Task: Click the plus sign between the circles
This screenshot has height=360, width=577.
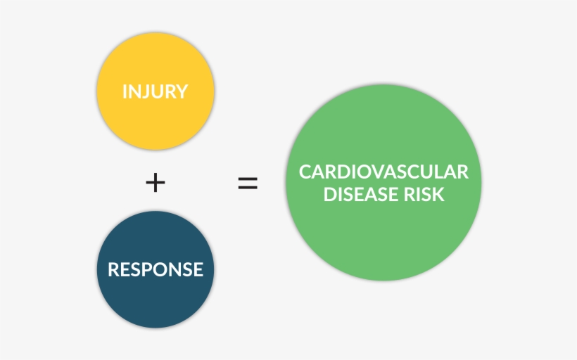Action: point(156,183)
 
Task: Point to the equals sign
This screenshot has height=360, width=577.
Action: point(247,184)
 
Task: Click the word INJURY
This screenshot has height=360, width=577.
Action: point(155,92)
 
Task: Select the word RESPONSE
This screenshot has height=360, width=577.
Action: point(155,269)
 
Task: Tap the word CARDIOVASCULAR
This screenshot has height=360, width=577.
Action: point(383,172)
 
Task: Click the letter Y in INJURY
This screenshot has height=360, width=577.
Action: point(182,92)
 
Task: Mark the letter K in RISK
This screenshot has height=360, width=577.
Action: point(439,194)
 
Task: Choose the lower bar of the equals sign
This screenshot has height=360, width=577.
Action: point(247,189)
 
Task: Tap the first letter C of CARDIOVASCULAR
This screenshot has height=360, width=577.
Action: point(305,172)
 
